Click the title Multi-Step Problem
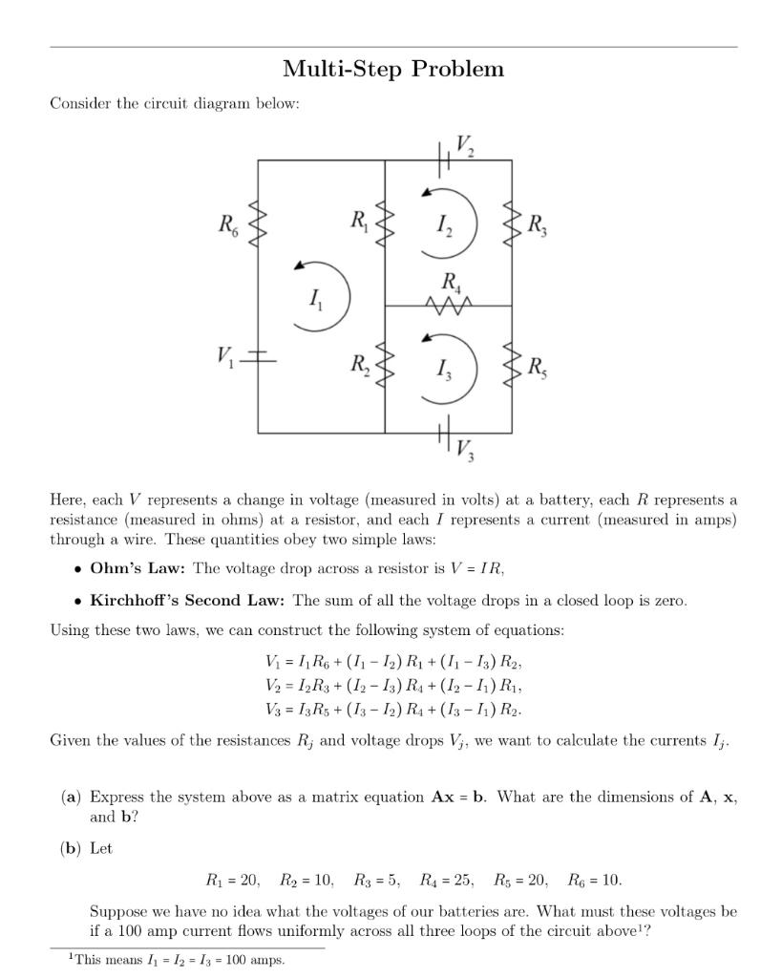click(x=393, y=69)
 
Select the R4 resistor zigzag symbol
click(x=449, y=306)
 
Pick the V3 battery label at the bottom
click(x=465, y=447)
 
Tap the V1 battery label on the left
click(x=224, y=358)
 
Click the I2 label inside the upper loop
click(x=444, y=225)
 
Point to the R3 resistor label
click(x=538, y=225)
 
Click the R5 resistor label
click(x=538, y=366)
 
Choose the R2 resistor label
click(x=358, y=364)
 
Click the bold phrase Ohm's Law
click(x=138, y=568)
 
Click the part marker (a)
click(x=71, y=797)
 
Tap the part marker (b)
click(x=71, y=848)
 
